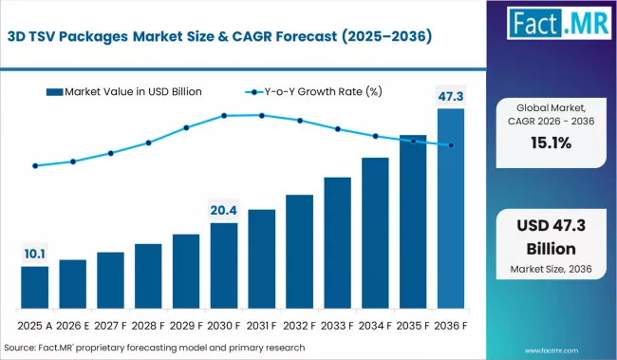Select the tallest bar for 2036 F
451,208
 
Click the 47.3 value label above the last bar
451,95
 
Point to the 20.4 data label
224,210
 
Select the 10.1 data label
35,254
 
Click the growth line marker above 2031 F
262,115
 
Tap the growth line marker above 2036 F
451,145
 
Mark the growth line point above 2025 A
35,165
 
